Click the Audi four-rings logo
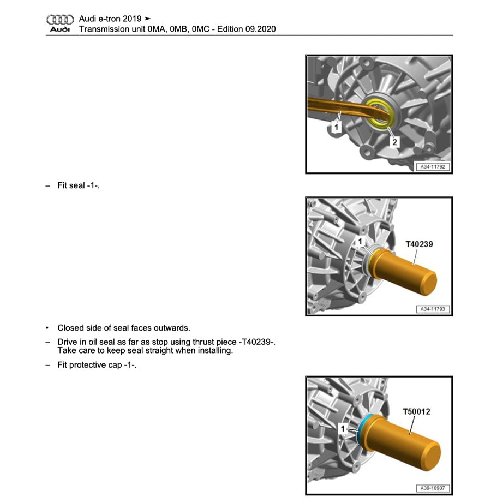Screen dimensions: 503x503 (59, 19)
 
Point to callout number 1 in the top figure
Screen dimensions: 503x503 (337, 127)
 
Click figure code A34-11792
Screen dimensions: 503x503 (433, 167)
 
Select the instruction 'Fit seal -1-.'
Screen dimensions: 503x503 (79, 185)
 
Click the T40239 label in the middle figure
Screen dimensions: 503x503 (418, 244)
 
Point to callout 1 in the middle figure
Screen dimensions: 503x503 (360, 241)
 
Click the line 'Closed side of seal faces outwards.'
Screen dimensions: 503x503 (123, 328)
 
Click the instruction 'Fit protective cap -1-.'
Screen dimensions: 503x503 (97, 364)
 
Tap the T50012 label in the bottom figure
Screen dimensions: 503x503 (416, 411)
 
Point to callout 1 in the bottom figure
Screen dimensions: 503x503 (343, 429)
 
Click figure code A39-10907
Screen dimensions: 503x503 (433, 488)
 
